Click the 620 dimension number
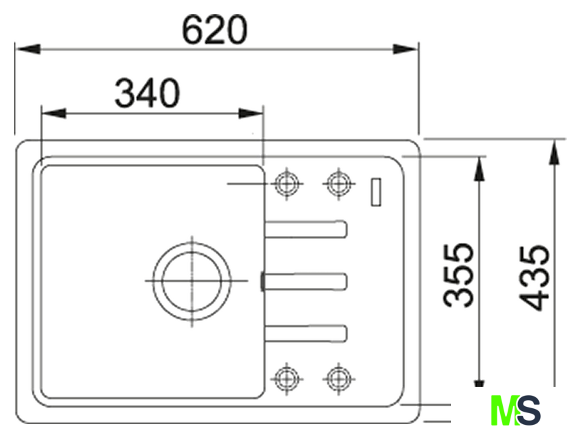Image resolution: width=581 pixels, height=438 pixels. tap(214, 30)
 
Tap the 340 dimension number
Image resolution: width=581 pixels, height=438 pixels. tap(147, 93)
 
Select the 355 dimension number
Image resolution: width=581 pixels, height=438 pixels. tap(459, 275)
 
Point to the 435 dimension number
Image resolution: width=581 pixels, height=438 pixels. tap(533, 278)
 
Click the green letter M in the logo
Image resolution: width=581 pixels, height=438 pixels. tap(504, 410)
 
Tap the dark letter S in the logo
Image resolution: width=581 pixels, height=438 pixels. tap(528, 410)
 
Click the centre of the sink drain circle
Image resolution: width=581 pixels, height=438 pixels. tap(192, 280)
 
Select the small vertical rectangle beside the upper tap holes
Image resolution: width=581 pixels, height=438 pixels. tap(376, 192)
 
